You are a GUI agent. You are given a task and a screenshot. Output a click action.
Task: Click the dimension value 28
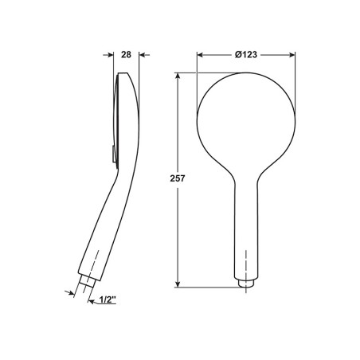pos(126,55)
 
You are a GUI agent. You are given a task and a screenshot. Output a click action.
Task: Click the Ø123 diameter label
pos(246,55)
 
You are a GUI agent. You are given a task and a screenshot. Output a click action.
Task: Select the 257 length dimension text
pos(178,178)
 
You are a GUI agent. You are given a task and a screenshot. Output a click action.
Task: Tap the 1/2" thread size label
pos(108,299)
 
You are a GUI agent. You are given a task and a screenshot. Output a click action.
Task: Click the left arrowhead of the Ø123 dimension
pos(200,55)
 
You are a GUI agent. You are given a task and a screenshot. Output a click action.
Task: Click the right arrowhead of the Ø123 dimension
pos(292,55)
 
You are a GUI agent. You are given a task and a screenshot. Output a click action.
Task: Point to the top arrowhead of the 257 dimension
pos(178,76)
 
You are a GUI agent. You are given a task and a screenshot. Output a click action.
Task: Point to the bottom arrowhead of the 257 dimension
pos(178,284)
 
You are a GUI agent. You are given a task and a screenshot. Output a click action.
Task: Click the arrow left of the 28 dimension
pos(108,55)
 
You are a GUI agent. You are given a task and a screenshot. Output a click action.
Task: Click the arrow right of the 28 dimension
pos(144,55)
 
